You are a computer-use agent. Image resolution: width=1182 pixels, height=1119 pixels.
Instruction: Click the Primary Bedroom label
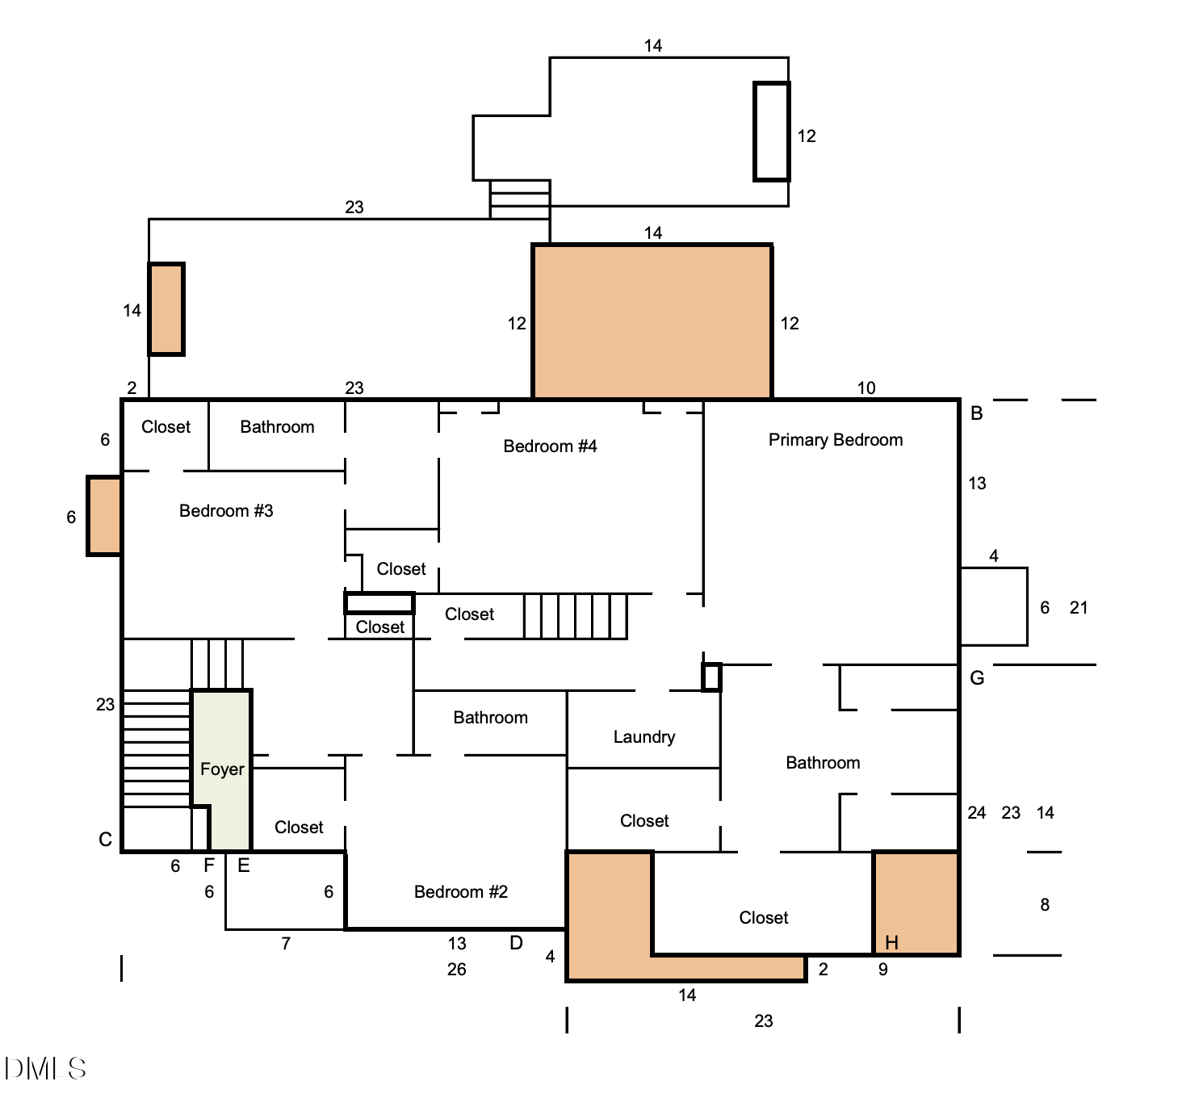835,440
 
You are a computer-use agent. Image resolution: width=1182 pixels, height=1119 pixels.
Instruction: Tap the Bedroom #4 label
550,446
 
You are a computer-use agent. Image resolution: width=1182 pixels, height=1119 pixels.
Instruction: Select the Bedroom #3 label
226,511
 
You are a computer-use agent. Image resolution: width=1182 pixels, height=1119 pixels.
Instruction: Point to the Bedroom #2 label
460,892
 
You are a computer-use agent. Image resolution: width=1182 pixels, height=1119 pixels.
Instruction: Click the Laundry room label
643,737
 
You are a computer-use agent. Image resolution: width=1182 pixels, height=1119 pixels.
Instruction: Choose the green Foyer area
222,751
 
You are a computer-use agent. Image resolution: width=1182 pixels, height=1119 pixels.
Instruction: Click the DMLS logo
45,1069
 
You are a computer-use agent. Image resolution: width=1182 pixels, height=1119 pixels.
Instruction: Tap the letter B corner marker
976,413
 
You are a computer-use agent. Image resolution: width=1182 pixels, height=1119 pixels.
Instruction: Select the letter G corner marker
976,678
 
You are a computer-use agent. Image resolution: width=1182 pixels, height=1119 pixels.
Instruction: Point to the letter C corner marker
105,840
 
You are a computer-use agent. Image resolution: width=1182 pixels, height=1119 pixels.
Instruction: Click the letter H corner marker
891,942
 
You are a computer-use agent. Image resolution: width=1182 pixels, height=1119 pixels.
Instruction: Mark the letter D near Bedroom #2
516,943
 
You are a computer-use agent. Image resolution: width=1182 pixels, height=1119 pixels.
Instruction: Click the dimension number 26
456,970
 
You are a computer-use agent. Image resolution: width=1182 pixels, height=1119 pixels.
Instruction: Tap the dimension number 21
1078,608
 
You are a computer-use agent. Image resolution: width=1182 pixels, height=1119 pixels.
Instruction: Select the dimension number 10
866,388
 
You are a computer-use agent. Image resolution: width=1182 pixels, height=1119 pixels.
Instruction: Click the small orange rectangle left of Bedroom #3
104,517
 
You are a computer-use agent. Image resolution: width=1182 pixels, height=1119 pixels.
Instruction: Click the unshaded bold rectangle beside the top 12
771,132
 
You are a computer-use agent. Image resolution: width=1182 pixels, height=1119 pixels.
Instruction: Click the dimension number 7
286,944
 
